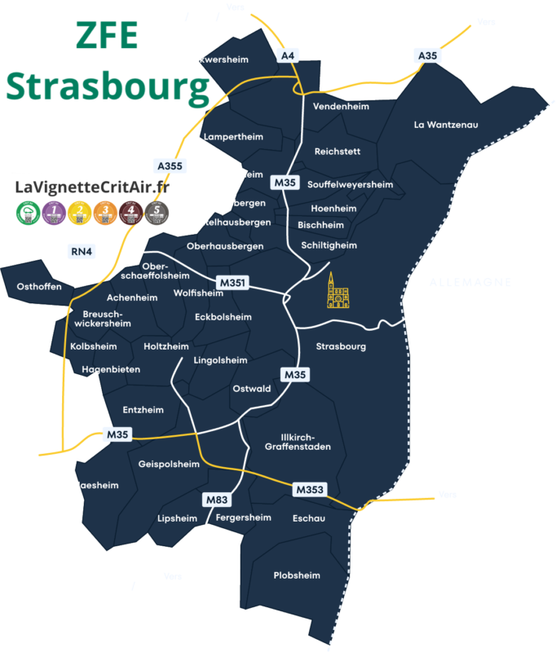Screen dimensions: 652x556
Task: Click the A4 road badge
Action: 289,55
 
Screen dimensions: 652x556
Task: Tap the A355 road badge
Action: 170,165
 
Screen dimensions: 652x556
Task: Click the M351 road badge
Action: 231,283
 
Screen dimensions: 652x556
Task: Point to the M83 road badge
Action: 215,499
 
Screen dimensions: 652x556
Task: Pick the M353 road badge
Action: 310,489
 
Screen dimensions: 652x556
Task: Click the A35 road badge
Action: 426,55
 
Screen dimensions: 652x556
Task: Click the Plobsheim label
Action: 296,575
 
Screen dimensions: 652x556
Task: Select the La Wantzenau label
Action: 445,125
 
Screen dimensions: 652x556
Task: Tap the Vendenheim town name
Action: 341,107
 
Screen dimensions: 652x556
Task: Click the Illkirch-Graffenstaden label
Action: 298,441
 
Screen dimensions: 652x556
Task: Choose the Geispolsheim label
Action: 169,465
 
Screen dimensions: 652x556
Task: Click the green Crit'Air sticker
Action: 28,214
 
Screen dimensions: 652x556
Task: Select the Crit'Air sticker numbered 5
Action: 156,214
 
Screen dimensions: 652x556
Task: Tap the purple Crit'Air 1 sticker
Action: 54,214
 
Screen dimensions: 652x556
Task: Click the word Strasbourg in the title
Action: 108,88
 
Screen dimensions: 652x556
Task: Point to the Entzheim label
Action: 143,410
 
